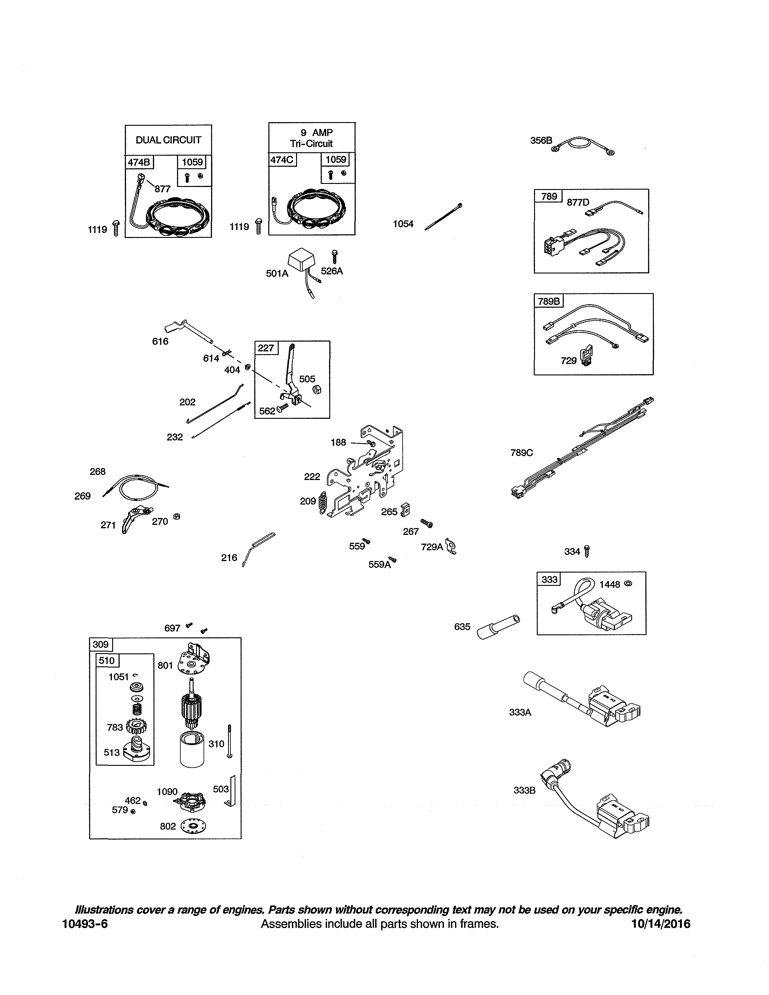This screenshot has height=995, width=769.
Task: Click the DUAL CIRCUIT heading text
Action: (x=168, y=140)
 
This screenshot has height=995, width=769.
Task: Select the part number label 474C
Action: (x=282, y=160)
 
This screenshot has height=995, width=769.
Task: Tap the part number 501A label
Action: (x=277, y=273)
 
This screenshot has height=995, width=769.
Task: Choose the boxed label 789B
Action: (x=549, y=301)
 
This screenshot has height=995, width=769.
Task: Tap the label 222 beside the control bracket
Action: (x=312, y=476)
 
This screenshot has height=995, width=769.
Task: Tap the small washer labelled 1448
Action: (x=628, y=583)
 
